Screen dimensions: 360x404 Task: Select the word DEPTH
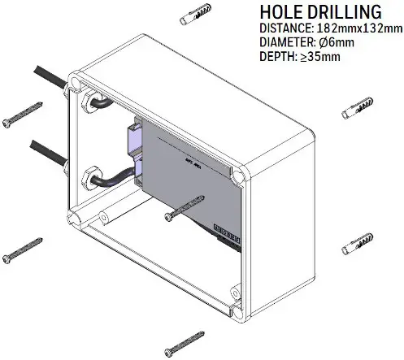pyautogui.click(x=279, y=57)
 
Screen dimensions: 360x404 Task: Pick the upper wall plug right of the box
pyautogui.click(x=358, y=108)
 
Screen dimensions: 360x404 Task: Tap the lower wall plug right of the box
pyautogui.click(x=357, y=243)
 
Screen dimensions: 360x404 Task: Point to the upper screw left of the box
pyautogui.click(x=22, y=114)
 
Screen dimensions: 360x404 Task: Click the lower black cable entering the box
pyautogui.click(x=45, y=151)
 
